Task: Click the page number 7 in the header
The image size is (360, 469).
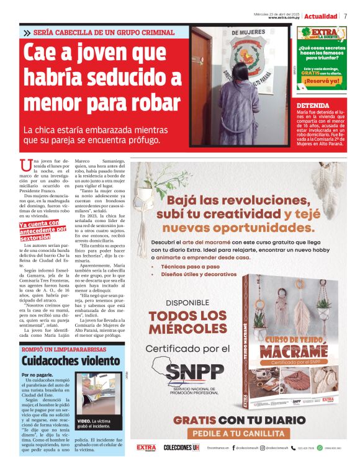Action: [345, 16]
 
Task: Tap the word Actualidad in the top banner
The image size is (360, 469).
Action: [321, 16]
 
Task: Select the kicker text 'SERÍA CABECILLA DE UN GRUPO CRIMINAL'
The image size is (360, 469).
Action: [103, 32]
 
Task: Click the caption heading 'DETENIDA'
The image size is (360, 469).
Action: [313, 106]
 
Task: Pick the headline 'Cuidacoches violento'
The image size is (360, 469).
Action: [61, 360]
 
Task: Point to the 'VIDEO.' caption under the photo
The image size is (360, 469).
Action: [85, 422]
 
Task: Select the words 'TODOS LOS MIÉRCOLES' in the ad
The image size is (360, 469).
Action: [187, 321]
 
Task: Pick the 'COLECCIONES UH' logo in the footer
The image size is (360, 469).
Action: [181, 447]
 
